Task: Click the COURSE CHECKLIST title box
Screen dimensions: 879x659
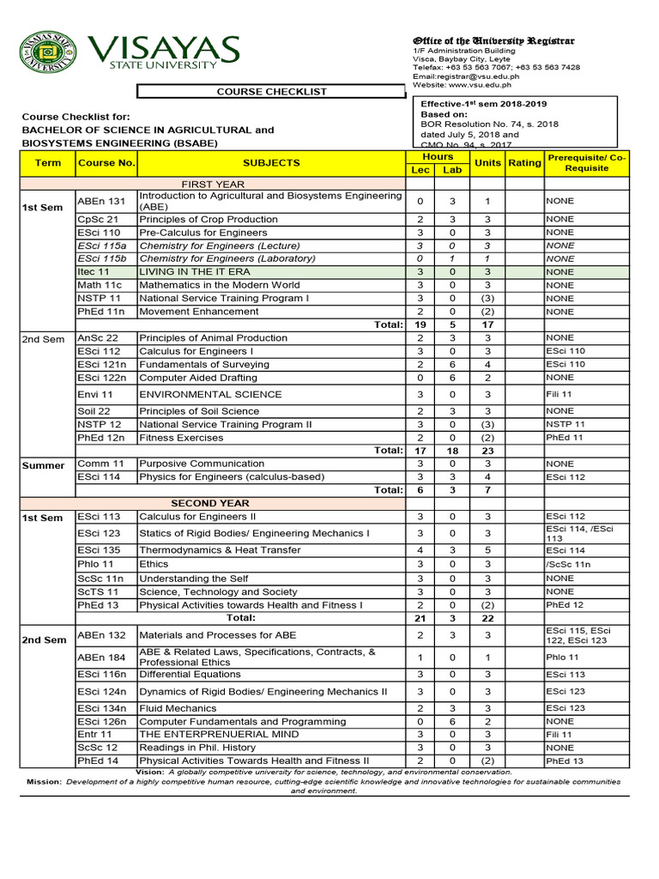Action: point(271,92)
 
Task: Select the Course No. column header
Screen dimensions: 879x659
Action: point(106,162)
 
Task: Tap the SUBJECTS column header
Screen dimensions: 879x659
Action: point(271,162)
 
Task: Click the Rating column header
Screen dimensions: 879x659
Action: point(524,162)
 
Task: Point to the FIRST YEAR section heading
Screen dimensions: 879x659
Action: point(212,184)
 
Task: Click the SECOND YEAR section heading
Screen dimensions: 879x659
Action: point(210,503)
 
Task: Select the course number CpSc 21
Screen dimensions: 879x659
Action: point(94,220)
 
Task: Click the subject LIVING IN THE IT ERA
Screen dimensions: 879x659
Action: point(195,272)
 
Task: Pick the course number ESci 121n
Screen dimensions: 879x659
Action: point(101,364)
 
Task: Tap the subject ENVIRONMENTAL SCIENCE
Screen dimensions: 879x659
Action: point(210,395)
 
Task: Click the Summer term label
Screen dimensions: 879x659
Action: point(43,465)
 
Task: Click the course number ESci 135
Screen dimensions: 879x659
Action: point(99,550)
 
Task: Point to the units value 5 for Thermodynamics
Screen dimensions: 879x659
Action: point(487,550)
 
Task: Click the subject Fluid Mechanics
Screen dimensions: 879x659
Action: point(178,708)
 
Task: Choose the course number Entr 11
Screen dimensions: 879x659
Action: point(94,735)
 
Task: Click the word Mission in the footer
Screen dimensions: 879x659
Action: point(43,782)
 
